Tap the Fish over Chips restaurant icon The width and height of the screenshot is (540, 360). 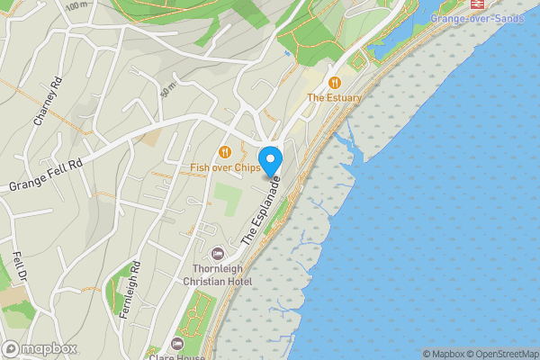pos(225,152)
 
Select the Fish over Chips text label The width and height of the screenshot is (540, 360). pos(225,167)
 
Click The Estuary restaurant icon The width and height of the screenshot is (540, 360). pos(335,82)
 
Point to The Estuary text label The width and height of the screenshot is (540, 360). pos(335,97)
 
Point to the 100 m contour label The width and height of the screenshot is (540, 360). pos(78,4)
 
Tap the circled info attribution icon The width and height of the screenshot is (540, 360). pos(427,354)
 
